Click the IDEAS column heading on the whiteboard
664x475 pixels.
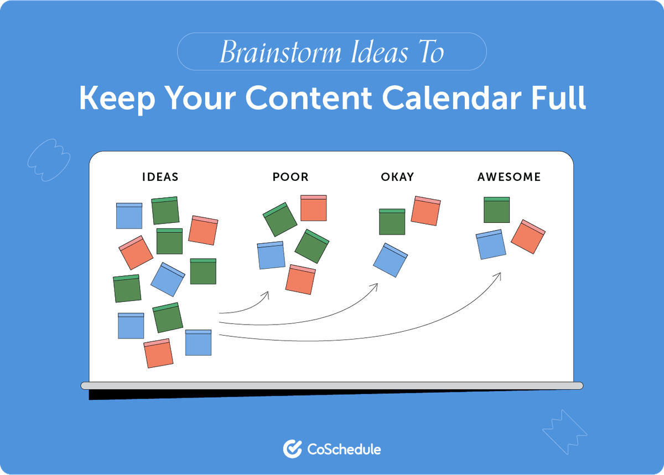[160, 177]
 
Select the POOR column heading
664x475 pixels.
[290, 177]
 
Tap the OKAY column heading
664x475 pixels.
[397, 177]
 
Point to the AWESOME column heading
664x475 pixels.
[509, 177]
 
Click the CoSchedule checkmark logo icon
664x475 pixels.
[292, 448]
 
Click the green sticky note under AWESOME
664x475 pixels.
[496, 210]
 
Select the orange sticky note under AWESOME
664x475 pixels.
[528, 237]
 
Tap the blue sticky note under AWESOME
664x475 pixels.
[491, 244]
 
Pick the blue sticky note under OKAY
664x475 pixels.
[390, 260]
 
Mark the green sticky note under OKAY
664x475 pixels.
[392, 222]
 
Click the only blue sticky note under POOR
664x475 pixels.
[271, 255]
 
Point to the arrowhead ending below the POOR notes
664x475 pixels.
[266, 295]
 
